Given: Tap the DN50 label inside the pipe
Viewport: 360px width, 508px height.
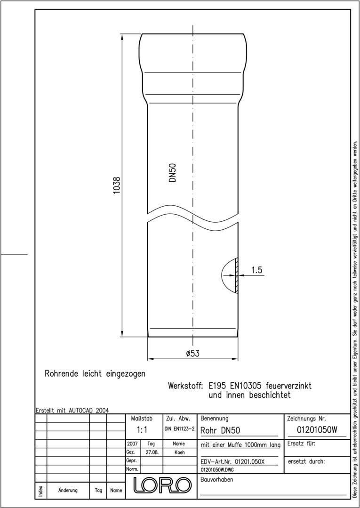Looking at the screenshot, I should pos(173,172).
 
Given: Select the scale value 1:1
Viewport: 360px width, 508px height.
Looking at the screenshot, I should pos(142,430).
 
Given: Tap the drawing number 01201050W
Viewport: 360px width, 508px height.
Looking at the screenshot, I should pos(317,430).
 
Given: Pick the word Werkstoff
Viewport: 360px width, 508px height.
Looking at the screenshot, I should pos(185,386).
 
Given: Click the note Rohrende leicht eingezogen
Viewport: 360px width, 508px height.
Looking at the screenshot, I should pos(95,373).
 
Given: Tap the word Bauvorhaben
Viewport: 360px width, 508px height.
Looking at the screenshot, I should pos(216,479).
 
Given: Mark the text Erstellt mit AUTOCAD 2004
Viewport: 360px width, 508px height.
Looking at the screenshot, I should pos(72,410).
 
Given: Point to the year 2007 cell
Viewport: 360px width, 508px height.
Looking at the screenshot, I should pos(132,443).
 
